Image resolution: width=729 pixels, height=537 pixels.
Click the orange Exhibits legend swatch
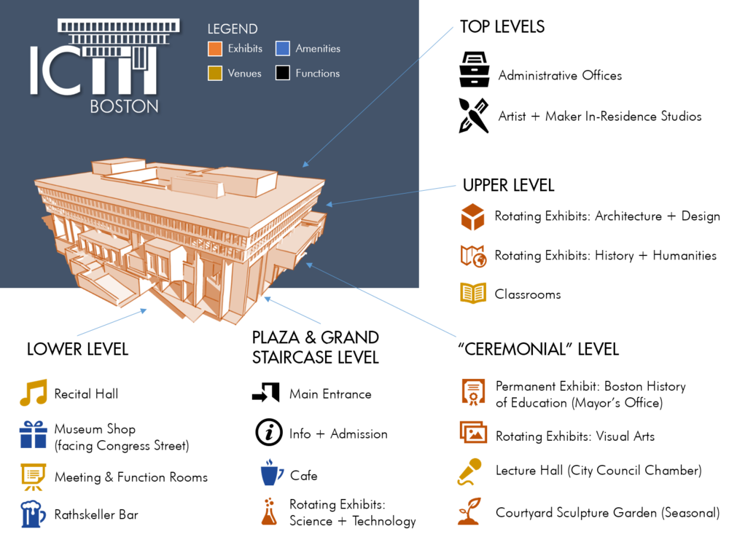[x=215, y=48]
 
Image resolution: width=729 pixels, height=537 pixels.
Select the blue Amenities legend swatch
[x=283, y=48]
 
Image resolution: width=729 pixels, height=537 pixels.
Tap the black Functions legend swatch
[x=283, y=73]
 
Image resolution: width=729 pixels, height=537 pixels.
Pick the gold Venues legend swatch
[x=215, y=73]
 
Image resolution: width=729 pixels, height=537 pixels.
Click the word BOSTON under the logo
[x=124, y=107]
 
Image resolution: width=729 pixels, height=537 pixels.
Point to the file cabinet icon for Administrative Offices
[x=475, y=70]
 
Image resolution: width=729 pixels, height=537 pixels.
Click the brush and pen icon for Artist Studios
[x=474, y=116]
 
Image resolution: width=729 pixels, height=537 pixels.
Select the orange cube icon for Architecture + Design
[x=473, y=216]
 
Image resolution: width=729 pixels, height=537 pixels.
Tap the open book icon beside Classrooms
[x=473, y=293]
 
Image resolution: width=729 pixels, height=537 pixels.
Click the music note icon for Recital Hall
[x=34, y=393]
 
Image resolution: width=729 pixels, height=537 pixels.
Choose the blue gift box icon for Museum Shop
[x=33, y=434]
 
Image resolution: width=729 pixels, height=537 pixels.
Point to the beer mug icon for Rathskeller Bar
[x=33, y=514]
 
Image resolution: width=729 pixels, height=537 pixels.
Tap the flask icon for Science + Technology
[x=269, y=512]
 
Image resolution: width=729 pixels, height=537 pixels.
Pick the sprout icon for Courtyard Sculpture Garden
[x=469, y=511]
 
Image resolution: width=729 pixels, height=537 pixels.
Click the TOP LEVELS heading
[x=502, y=27]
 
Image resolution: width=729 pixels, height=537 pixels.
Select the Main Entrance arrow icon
[x=266, y=393]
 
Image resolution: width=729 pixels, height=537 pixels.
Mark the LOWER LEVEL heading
[x=78, y=349]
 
